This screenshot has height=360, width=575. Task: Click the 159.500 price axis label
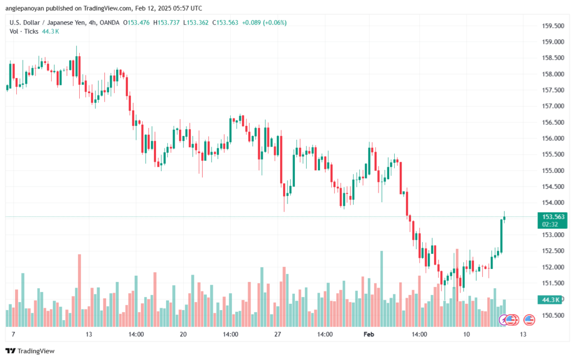tap(551, 26)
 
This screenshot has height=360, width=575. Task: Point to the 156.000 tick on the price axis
tap(551, 138)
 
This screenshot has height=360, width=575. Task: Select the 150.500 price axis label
tap(551, 315)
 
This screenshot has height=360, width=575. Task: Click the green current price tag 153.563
tap(553, 217)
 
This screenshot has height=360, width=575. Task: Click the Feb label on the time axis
tap(369, 334)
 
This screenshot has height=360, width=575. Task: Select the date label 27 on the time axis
tap(277, 334)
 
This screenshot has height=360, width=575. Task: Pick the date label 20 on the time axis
tap(183, 334)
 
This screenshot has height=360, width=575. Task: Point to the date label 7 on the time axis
tap(12, 334)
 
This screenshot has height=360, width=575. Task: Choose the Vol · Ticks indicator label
tap(24, 31)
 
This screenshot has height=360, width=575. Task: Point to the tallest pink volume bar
tap(79, 290)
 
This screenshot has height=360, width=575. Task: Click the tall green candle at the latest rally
tap(501, 235)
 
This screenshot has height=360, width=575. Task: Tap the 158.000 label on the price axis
tap(551, 74)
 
